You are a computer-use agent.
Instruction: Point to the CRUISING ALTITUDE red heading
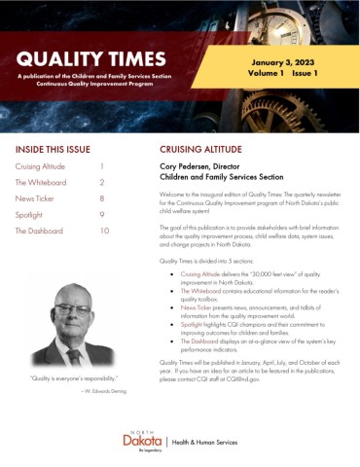click(205, 151)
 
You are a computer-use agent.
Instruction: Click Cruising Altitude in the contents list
click(41, 167)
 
